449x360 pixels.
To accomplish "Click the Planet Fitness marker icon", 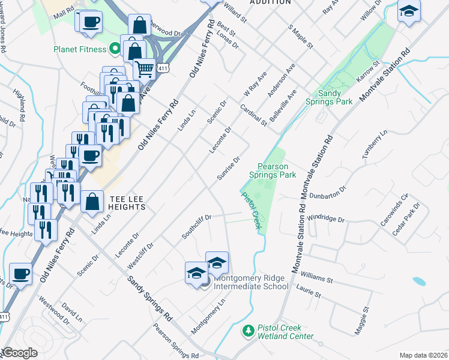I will click(x=112, y=49).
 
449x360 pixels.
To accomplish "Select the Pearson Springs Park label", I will click(x=277, y=170).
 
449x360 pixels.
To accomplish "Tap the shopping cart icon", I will click(x=144, y=69).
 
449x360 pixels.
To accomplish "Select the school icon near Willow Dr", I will click(x=409, y=11).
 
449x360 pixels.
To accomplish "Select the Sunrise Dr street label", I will click(x=229, y=168).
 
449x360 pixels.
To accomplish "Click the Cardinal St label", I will click(x=253, y=114).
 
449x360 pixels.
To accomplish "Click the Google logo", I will click(x=19, y=353).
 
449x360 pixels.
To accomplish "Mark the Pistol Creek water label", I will click(x=252, y=209).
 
